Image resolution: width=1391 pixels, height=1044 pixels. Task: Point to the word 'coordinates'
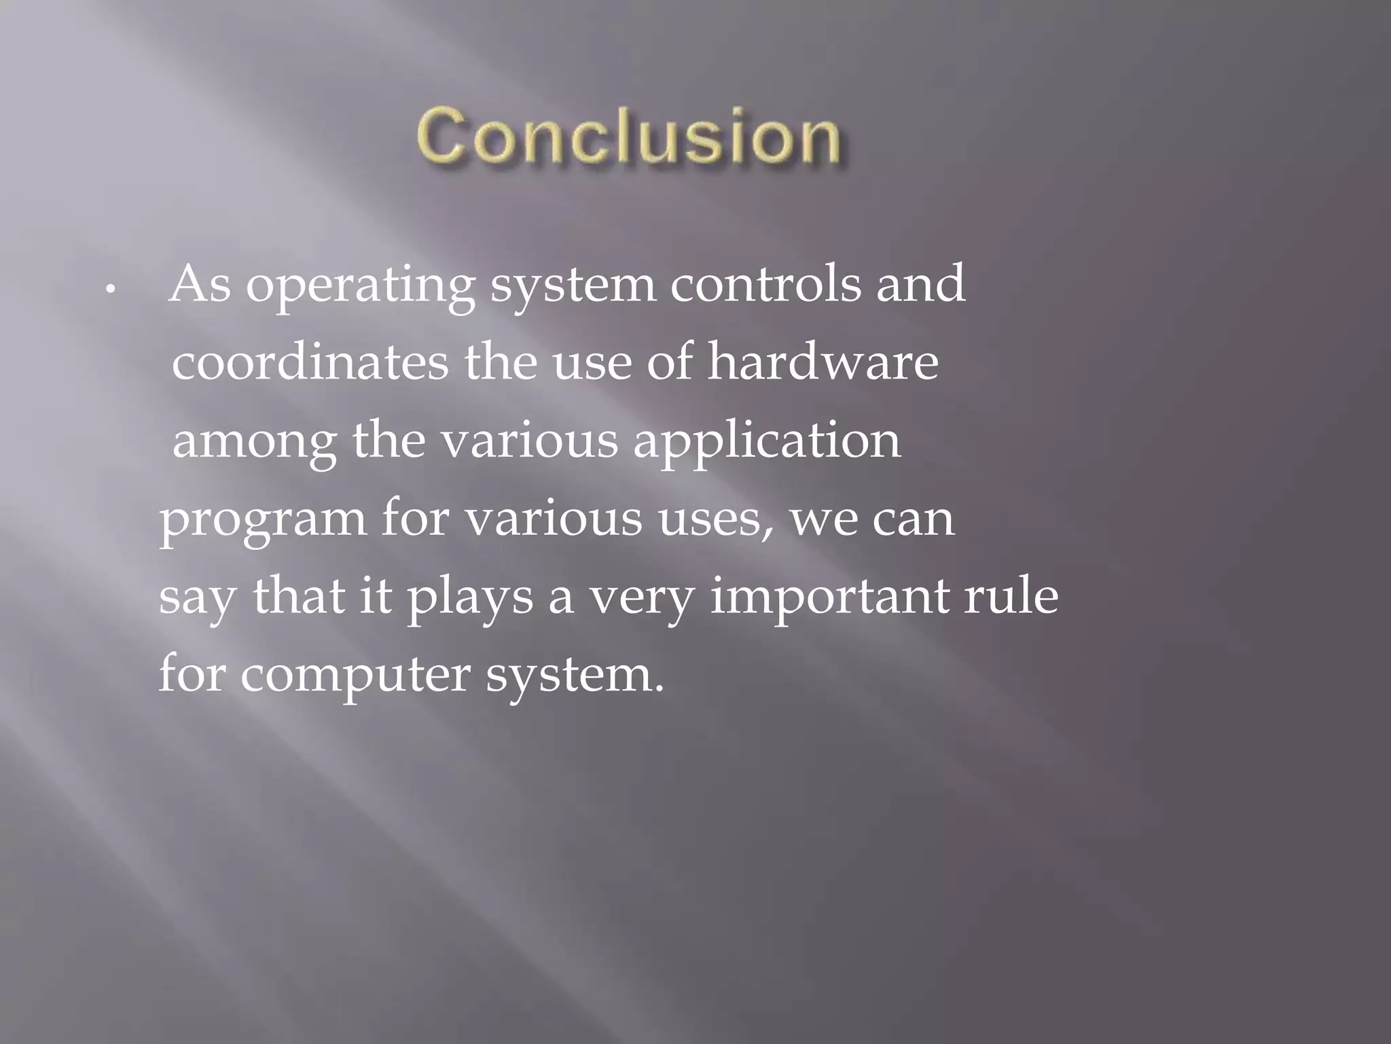310,362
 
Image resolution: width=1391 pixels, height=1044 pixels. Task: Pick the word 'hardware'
823,362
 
